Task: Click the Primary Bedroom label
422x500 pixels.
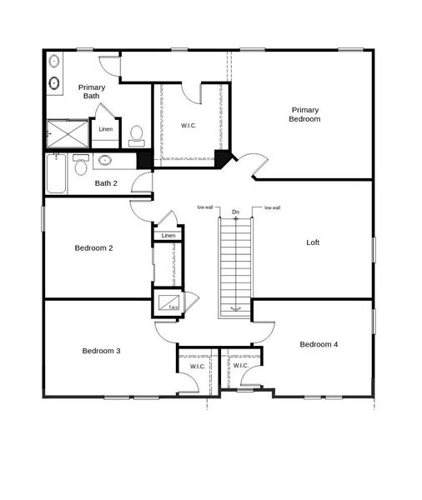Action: pos(305,114)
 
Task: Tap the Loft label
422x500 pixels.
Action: pos(313,242)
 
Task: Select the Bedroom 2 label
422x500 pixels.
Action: pos(93,247)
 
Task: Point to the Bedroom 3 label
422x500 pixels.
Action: pos(101,351)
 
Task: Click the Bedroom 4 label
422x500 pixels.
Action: pos(319,344)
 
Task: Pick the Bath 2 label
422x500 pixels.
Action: pos(106,183)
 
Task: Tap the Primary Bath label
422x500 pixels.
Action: pos(91,92)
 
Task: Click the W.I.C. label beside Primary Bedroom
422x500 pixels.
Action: pos(189,126)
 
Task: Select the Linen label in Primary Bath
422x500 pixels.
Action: pos(105,129)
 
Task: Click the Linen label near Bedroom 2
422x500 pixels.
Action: pos(168,236)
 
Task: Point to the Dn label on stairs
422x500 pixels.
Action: pos(236,212)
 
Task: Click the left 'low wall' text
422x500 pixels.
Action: pos(205,207)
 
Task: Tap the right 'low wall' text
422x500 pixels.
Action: pos(272,207)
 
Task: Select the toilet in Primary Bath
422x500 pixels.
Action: pos(137,133)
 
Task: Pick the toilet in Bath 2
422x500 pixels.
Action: pos(80,165)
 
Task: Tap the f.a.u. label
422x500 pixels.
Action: pos(174,309)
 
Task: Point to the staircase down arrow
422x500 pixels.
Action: pos(236,307)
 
